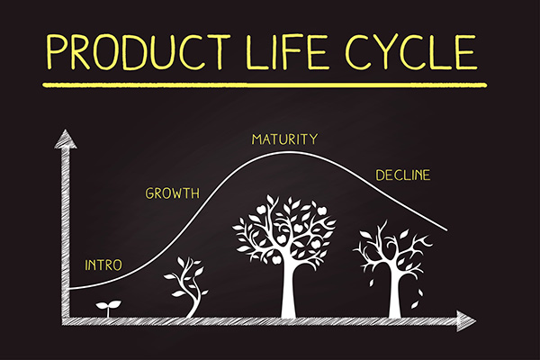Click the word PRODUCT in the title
point(139,51)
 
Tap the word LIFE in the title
point(286,51)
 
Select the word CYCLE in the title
point(411,51)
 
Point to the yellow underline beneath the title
point(265,85)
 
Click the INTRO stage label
point(103,265)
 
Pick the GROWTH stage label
point(172,193)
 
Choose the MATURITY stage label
point(284,139)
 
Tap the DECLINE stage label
point(403,175)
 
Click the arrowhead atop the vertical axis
point(66,139)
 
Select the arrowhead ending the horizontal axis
point(466,320)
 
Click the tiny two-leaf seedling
point(108,309)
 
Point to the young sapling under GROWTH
point(187,286)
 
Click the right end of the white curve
point(447,230)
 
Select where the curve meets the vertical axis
point(70,288)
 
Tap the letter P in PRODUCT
point(56,51)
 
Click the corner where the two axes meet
point(66,320)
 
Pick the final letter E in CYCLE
point(467,51)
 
